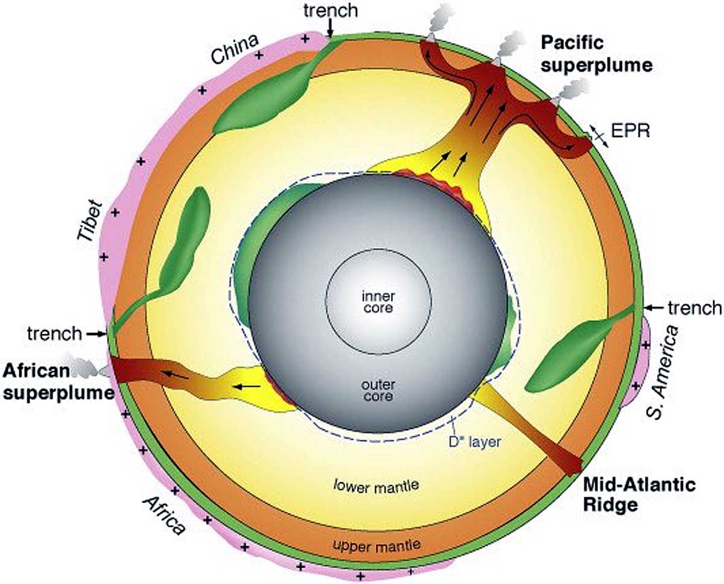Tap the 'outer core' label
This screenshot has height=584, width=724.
click(378, 390)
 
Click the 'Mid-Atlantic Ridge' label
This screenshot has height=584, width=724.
click(639, 495)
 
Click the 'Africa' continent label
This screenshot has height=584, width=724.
click(162, 515)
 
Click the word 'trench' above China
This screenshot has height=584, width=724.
click(330, 10)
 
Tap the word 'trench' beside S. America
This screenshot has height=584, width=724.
click(694, 308)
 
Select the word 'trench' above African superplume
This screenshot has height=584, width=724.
click(54, 332)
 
